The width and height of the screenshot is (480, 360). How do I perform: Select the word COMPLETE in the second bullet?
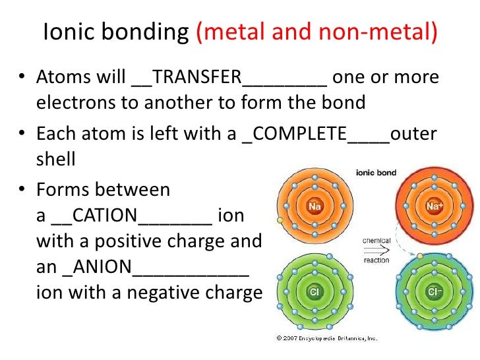301,133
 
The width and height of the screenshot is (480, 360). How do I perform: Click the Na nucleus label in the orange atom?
315,206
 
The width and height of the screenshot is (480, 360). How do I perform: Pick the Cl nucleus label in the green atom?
315,291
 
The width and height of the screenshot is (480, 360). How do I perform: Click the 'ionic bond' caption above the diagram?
376,173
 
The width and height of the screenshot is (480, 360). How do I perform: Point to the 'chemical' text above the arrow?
376,241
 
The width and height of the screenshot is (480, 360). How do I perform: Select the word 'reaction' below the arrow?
376,260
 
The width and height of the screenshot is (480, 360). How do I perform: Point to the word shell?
56,160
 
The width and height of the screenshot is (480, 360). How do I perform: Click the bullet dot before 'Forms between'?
22,191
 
